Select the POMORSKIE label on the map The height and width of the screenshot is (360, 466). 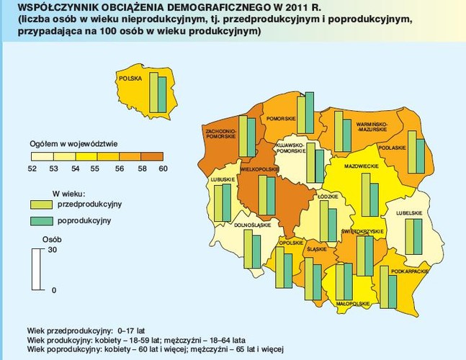coord(278,118)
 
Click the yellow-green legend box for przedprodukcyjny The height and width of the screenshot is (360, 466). coord(42,204)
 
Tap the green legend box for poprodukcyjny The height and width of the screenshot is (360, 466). coord(42,220)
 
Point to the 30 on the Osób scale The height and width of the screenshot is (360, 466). coord(51,250)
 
